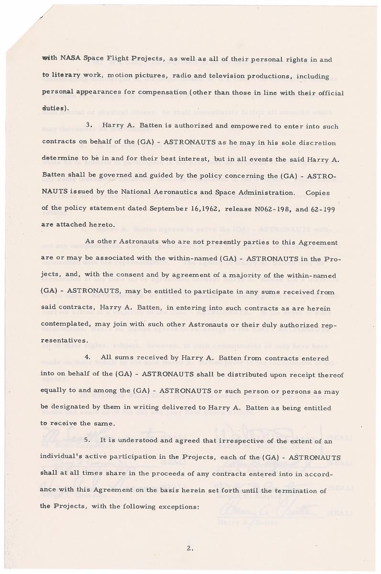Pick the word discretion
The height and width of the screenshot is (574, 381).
pos(316,143)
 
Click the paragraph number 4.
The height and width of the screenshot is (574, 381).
pos(88,359)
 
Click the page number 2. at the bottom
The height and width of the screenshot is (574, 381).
pos(190,549)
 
